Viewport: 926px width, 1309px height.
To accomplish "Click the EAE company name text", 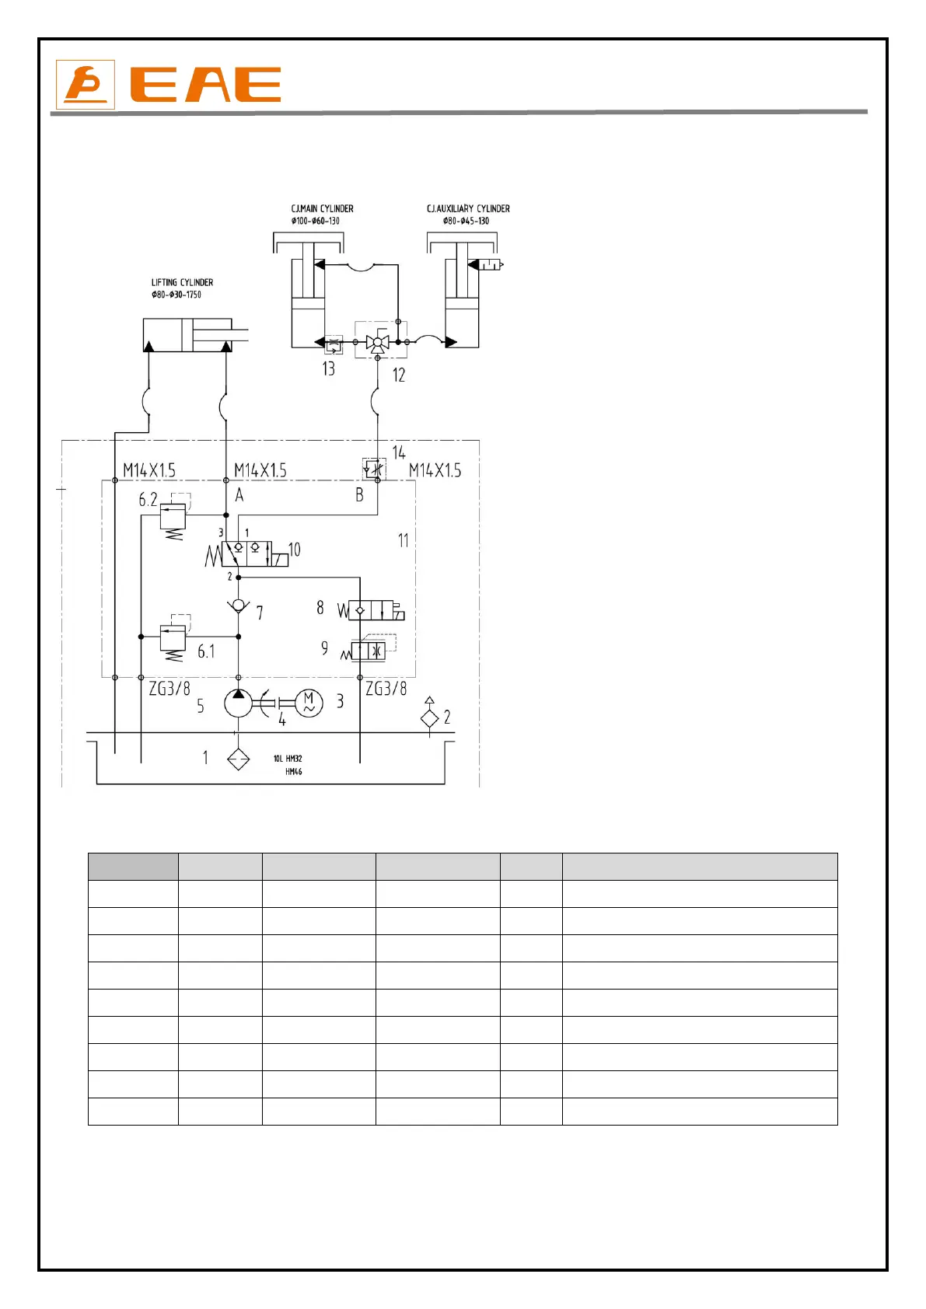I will click(205, 85).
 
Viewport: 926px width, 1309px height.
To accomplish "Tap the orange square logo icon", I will click(86, 85).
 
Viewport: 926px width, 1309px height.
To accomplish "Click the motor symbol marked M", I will click(309, 703).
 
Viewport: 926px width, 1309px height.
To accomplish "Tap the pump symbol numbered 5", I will click(238, 703).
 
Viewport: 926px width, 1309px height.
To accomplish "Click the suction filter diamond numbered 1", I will click(238, 759).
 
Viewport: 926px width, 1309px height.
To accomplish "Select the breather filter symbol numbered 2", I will click(429, 717).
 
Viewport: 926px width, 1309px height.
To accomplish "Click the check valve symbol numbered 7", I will click(238, 606).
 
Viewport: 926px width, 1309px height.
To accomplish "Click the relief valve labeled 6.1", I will click(173, 637).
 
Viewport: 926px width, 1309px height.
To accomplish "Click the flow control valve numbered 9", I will click(369, 651).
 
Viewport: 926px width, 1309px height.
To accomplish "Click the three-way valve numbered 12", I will click(378, 342).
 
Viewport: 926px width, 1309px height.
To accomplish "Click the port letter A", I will click(239, 495).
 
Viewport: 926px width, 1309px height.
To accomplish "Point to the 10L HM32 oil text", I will click(288, 759).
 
